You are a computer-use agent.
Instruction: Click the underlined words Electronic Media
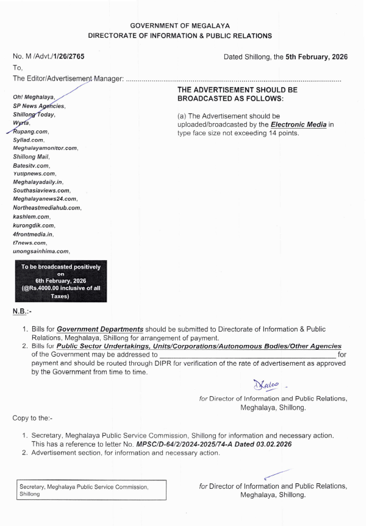[299, 124]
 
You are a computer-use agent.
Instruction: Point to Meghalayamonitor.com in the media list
[46, 148]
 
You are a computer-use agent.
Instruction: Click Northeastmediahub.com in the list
[48, 208]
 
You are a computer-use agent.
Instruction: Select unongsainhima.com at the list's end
[41, 251]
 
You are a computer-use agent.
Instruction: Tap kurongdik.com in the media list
[33, 225]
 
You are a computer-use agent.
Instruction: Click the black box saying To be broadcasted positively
[61, 281]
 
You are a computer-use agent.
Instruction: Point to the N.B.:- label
[22, 312]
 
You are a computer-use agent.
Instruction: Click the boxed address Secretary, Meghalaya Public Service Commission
[91, 491]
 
